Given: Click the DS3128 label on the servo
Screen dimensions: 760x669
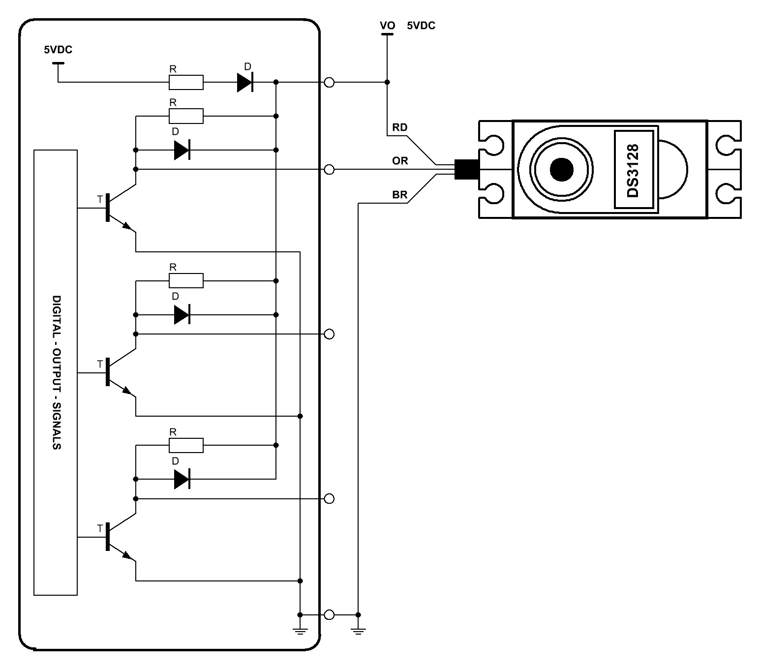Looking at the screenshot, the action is click(x=633, y=171).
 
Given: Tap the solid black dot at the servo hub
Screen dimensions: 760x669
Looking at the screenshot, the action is click(x=561, y=170).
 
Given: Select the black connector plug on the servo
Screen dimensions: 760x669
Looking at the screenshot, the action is click(x=467, y=169).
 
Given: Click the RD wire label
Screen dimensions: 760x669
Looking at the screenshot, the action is click(x=399, y=127).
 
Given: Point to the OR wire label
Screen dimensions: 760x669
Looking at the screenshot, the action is click(x=400, y=161).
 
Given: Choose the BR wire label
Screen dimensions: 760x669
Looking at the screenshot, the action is click(x=399, y=195).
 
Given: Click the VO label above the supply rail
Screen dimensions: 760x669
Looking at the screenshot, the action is click(x=387, y=26).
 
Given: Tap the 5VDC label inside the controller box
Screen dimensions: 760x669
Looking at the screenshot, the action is click(x=58, y=50).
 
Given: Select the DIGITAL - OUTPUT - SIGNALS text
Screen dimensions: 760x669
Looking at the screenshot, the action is click(x=57, y=372).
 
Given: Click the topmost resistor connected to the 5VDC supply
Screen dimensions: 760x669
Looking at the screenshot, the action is click(x=186, y=82).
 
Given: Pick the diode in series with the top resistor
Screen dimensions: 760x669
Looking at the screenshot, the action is click(x=245, y=82).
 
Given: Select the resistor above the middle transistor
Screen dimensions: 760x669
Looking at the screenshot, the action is click(x=186, y=281).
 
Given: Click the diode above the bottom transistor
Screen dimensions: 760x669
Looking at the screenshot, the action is click(x=182, y=479).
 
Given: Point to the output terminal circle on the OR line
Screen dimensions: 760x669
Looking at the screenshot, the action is click(x=329, y=170).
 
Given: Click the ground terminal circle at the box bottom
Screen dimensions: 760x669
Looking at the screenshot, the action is click(x=329, y=614).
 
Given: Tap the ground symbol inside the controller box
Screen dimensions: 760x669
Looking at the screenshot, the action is click(x=300, y=631).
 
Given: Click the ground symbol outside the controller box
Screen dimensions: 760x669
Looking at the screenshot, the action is click(x=358, y=631).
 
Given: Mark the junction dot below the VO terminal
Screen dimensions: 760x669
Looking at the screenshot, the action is click(x=387, y=82).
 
